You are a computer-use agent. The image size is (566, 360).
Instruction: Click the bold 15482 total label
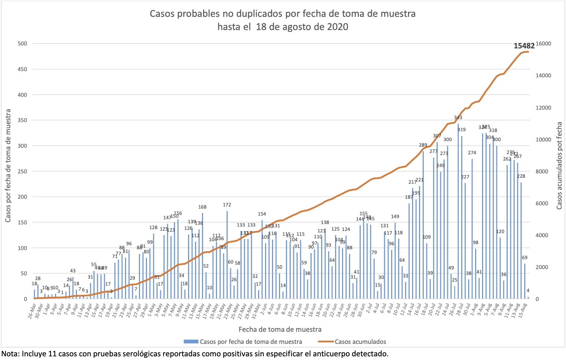coord(524,46)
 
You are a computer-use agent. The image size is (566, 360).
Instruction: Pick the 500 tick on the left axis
coord(22,44)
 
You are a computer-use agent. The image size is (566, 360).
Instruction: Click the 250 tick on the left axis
coord(22,171)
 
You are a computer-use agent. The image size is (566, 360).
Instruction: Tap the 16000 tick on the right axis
coord(543,44)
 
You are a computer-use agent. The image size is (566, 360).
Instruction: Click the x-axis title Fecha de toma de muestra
coord(280,329)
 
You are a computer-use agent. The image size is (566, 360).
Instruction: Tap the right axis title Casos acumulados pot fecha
coord(559,166)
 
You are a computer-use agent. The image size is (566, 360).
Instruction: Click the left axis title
coord(8,166)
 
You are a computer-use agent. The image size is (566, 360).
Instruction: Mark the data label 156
coord(178,213)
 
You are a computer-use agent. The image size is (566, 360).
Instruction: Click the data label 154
coord(262,214)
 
